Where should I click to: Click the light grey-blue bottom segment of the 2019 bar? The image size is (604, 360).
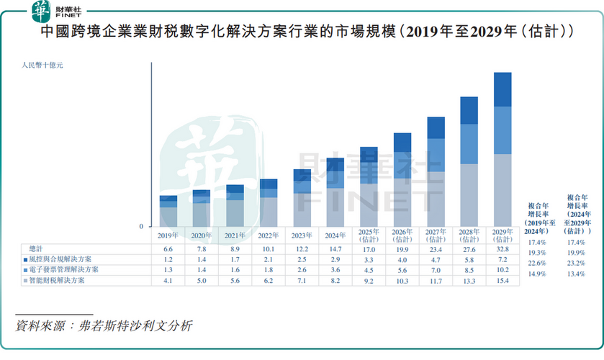click(x=168, y=217)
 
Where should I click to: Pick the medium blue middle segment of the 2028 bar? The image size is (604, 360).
click(x=469, y=144)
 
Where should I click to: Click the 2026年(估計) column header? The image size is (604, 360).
click(x=402, y=235)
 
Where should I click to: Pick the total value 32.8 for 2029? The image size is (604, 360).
click(x=502, y=248)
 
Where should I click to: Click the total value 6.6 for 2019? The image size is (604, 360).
click(x=168, y=248)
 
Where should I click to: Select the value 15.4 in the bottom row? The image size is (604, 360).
click(x=502, y=280)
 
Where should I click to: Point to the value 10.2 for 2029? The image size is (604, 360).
click(x=502, y=269)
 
